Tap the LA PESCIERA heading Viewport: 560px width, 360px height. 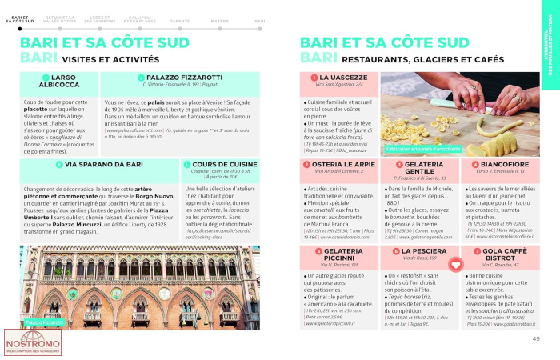coord(419,250)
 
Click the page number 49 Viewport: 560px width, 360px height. coord(536,338)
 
